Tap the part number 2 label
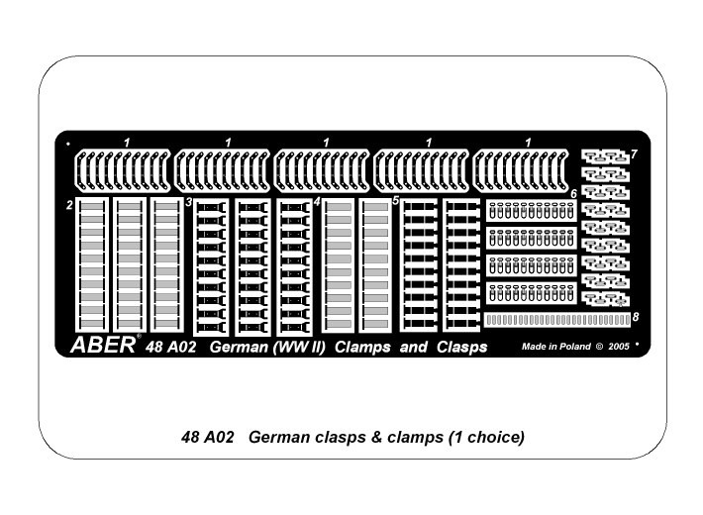click(69, 205)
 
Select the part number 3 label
click(188, 202)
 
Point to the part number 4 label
click(317, 202)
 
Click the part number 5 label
click(395, 201)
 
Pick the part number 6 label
click(573, 193)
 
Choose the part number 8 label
click(635, 317)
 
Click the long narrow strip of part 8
click(556, 320)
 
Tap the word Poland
click(572, 348)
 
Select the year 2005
click(619, 348)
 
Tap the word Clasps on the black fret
click(458, 347)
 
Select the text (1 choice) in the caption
click(484, 437)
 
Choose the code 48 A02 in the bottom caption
click(208, 437)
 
